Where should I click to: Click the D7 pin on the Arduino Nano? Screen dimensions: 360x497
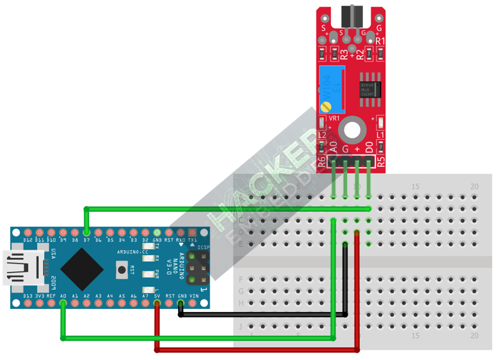pos(86,232)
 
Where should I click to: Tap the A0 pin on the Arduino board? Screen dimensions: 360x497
pos(63,304)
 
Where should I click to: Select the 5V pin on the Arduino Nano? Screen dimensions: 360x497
pos(157,304)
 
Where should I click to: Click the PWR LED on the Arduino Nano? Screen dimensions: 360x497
pos(145,274)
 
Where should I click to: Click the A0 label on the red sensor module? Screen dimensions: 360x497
pos(334,148)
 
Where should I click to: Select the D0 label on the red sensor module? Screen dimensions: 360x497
pos(369,148)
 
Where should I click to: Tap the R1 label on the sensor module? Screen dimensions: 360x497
pos(380,41)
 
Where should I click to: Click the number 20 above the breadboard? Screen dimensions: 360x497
pos(474,186)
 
